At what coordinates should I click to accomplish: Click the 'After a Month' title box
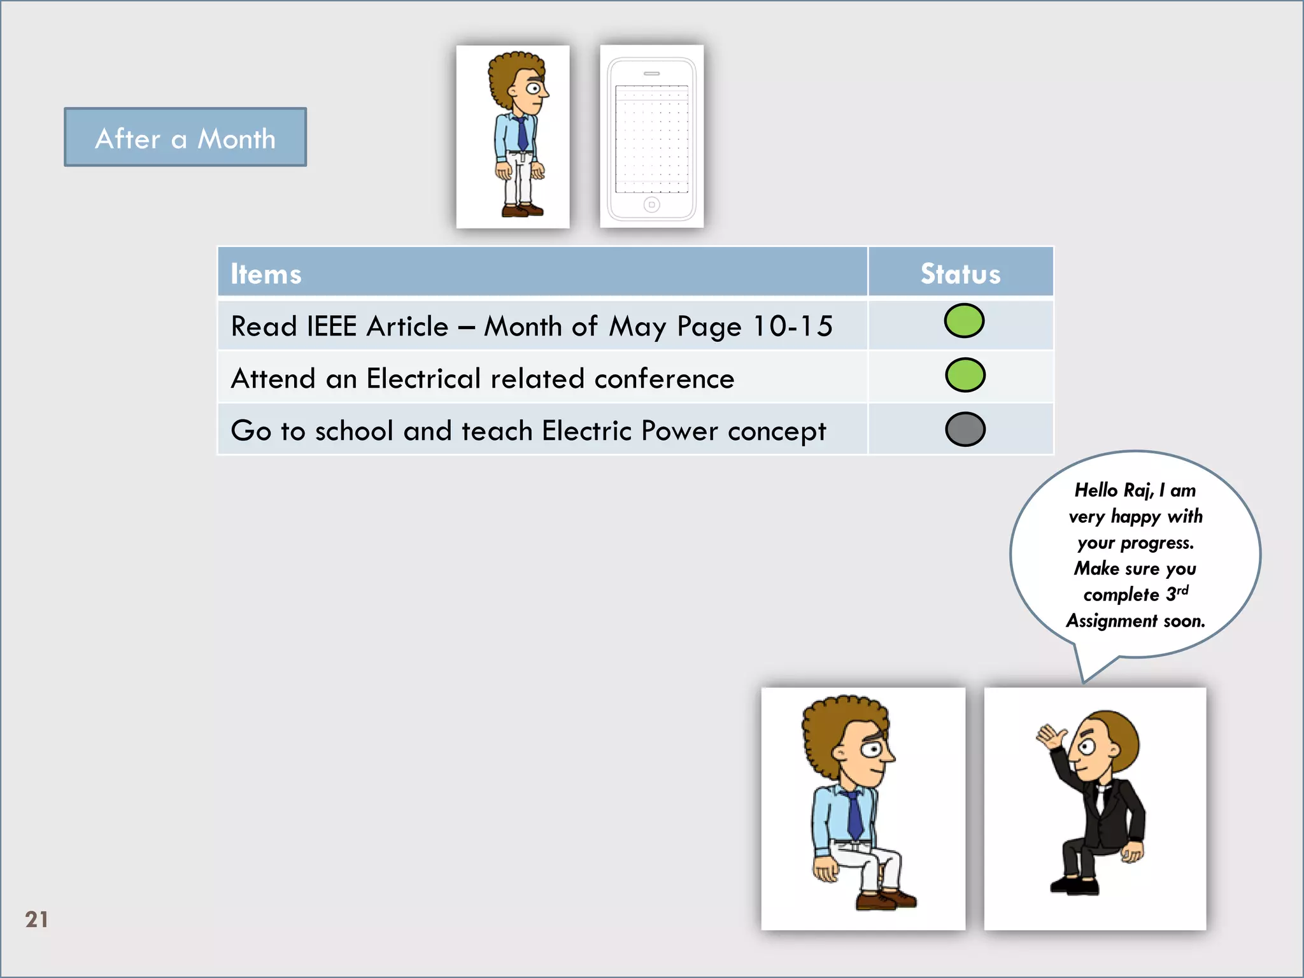pos(185,138)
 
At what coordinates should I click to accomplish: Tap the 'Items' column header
pos(266,274)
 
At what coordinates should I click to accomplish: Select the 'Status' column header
pos(960,274)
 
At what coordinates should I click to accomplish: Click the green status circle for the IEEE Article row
pos(964,321)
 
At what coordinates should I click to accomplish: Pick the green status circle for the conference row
pos(965,375)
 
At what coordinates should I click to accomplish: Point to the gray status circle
pos(965,429)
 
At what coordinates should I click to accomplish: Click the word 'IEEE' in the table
pos(331,327)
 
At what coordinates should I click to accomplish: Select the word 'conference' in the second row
pos(664,379)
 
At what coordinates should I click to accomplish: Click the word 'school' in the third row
pos(354,431)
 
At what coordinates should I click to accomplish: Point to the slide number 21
pos(36,919)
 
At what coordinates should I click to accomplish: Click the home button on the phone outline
pos(651,204)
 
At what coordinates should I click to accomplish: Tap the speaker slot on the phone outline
pos(651,74)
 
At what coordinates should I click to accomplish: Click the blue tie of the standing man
pos(522,134)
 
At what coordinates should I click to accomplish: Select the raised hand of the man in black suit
pos(1051,737)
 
